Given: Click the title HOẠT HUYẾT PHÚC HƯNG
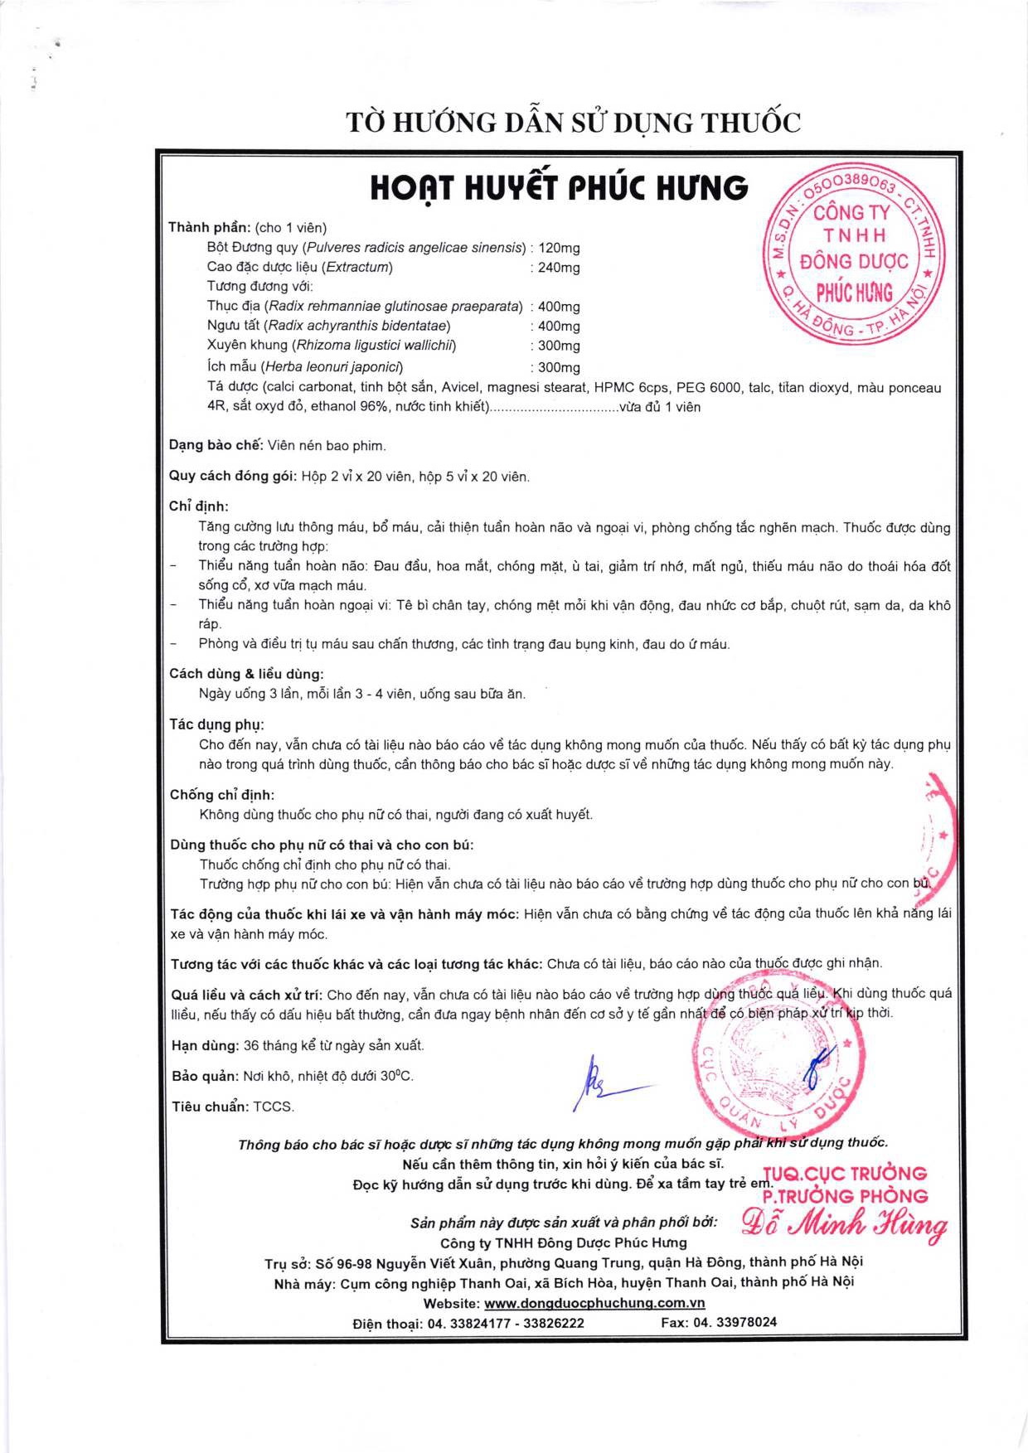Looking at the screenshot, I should click(559, 189).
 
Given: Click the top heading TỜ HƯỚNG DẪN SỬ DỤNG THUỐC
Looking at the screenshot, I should click(573, 123).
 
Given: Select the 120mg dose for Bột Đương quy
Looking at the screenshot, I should click(560, 248).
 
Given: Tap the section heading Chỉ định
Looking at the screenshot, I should click(199, 506).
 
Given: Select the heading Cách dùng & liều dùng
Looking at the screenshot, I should click(246, 674).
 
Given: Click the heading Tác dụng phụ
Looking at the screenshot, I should click(216, 724).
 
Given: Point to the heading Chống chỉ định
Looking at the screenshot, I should click(222, 795).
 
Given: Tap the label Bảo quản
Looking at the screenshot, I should click(204, 1076).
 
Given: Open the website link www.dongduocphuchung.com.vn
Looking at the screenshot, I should click(594, 1303).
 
